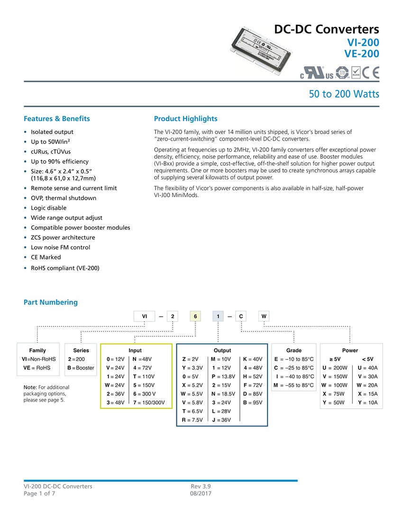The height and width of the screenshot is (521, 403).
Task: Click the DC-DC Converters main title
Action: (327, 29)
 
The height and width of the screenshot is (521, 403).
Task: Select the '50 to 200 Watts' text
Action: (344, 94)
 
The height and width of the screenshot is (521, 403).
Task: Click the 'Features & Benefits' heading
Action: (56, 119)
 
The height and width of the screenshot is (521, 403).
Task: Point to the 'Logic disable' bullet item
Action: (48, 208)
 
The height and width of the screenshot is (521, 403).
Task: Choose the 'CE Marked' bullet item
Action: (46, 257)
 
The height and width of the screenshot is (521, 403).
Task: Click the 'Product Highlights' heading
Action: (185, 119)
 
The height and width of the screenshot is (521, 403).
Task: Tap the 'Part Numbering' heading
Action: (50, 302)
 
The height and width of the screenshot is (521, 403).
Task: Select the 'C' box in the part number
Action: (241, 316)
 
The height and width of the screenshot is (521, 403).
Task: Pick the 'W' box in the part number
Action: (264, 316)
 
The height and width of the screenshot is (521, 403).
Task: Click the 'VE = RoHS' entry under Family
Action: (37, 368)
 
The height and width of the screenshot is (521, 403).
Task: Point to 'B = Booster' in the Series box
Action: (81, 368)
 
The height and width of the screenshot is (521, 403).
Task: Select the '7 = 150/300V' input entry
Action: (149, 403)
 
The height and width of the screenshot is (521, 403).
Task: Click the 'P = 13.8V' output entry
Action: (223, 377)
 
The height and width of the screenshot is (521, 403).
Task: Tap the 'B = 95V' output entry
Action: (252, 403)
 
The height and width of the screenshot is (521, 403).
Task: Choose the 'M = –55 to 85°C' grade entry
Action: (293, 386)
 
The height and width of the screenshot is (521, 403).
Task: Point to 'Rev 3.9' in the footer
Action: (201, 486)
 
